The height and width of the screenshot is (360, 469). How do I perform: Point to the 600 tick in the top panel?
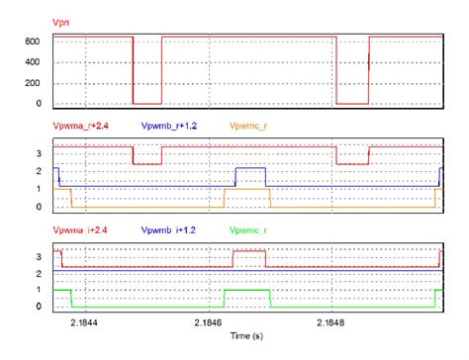coord(31,42)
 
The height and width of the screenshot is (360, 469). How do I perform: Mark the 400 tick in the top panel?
coord(31,62)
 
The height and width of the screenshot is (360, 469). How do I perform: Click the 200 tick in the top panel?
coord(31,83)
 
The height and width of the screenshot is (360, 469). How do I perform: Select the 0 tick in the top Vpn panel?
coord(38,104)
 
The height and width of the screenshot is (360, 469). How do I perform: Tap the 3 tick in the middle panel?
coord(38,153)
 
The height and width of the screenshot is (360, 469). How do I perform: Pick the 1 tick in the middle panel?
coord(38,189)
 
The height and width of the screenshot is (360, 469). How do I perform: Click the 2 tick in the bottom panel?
coord(38,272)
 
